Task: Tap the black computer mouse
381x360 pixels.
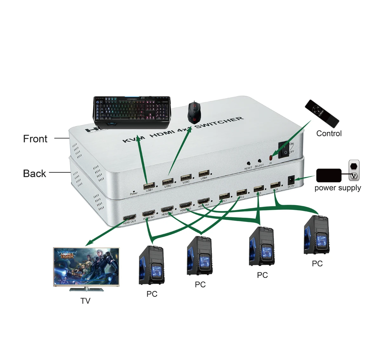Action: click(x=193, y=112)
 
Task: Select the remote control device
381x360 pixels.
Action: click(x=322, y=113)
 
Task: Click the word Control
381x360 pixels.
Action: click(x=329, y=133)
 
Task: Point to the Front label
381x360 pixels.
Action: click(x=35, y=139)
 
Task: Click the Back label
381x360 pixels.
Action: click(x=34, y=174)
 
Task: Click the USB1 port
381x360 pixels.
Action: click(x=149, y=185)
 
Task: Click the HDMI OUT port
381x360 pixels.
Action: click(x=130, y=217)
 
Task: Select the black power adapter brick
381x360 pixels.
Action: click(x=329, y=175)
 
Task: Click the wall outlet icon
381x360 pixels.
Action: click(x=354, y=170)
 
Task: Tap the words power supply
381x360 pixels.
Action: click(x=338, y=188)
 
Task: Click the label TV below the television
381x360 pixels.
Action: click(x=85, y=301)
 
